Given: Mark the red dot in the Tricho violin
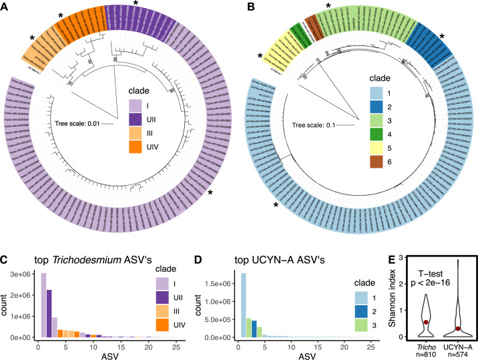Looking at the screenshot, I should tap(425, 323).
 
